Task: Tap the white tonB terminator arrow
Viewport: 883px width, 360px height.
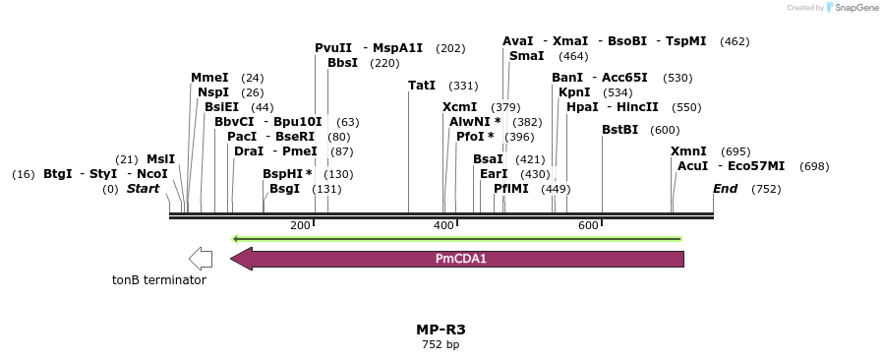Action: [201, 259]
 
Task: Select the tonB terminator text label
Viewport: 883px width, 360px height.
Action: [159, 280]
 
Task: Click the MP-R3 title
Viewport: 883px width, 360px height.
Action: [441, 330]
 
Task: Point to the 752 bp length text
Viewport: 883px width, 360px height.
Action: [441, 344]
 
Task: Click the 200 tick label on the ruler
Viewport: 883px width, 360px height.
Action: [300, 226]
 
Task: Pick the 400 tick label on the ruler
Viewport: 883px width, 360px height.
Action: [444, 226]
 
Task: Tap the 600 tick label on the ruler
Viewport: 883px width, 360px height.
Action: [588, 226]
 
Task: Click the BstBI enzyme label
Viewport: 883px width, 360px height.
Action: [620, 130]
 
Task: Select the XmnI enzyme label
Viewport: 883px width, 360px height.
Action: [688, 151]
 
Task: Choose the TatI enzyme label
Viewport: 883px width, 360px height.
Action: [422, 86]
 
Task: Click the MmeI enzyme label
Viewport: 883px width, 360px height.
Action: [209, 78]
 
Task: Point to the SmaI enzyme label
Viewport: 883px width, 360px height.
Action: [526, 56]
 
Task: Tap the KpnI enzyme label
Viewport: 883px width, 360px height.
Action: [574, 92]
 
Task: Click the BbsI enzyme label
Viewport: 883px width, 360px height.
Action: [343, 63]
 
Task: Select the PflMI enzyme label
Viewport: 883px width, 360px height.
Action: [511, 189]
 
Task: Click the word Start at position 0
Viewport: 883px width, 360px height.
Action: [143, 189]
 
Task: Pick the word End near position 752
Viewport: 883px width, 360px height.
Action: [726, 189]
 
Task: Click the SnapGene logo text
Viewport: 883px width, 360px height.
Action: [855, 8]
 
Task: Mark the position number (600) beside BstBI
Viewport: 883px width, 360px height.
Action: [665, 130]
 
